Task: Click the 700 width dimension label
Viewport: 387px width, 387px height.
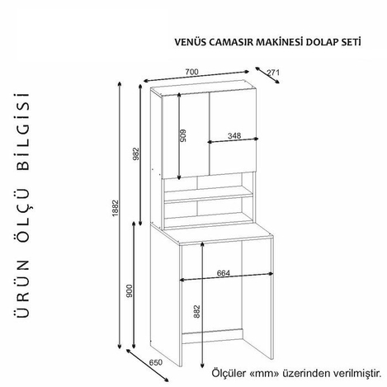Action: point(191,72)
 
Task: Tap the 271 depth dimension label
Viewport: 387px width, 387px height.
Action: point(273,73)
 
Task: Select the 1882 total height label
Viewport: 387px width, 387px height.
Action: point(116,208)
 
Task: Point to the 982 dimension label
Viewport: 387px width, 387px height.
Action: point(136,153)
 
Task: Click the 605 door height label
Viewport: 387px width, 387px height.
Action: point(183,135)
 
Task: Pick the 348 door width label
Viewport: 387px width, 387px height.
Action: point(234,135)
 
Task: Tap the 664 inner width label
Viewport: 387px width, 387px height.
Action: point(224,273)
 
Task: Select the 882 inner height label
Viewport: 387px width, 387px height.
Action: point(196,312)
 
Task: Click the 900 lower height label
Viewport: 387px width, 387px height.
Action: point(130,291)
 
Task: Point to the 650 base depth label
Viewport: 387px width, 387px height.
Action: point(156,363)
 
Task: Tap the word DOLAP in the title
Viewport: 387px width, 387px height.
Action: point(319,42)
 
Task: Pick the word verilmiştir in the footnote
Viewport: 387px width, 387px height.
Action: point(357,373)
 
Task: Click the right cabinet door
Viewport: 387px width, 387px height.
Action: point(233,133)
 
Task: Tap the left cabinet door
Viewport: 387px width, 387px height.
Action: point(186,135)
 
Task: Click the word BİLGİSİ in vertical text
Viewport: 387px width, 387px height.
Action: point(22,131)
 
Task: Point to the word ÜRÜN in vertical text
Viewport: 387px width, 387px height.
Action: point(22,289)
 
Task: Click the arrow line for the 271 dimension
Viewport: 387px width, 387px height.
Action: point(267,75)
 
